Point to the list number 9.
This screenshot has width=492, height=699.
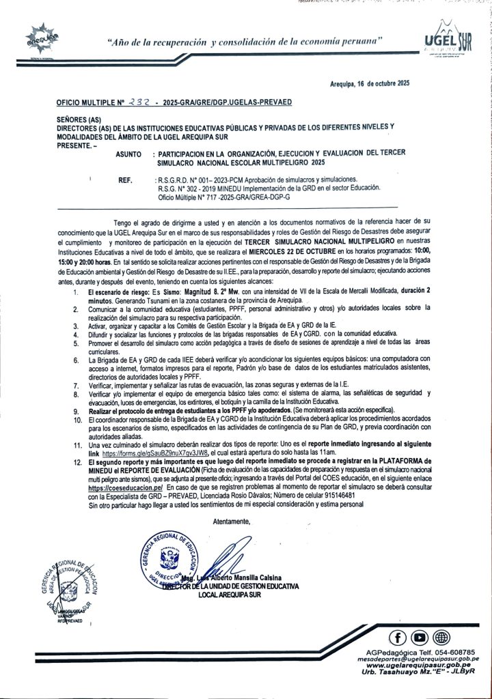(x=79, y=412)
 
